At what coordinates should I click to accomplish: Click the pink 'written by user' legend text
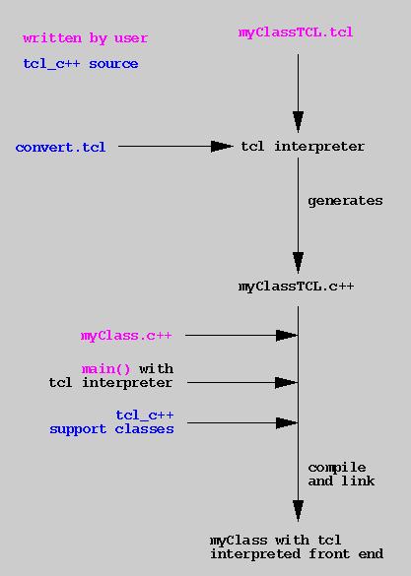(86, 38)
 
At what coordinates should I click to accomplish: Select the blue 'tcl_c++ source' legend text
(81, 64)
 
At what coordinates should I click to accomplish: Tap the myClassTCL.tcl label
(296, 32)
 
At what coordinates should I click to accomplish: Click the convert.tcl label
(61, 147)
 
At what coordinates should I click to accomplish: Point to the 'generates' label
(345, 201)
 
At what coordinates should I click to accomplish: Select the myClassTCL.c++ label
(297, 287)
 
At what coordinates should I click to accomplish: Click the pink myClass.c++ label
(126, 336)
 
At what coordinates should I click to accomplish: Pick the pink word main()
(105, 368)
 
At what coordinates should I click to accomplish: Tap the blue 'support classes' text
(111, 429)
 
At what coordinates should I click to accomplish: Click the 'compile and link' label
(341, 474)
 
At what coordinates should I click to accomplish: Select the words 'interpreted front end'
(297, 553)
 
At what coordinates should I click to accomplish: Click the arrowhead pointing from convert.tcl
(222, 146)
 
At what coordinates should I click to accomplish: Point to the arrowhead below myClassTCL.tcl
(298, 122)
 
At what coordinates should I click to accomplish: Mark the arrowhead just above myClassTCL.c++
(298, 263)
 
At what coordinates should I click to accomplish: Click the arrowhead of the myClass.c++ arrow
(287, 335)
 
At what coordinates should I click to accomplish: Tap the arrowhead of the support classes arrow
(287, 422)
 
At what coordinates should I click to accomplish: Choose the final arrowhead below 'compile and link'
(298, 511)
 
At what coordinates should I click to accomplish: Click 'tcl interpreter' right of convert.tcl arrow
(303, 147)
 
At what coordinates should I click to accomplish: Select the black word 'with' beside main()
(157, 368)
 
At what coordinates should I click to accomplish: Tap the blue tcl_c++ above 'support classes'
(145, 416)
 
